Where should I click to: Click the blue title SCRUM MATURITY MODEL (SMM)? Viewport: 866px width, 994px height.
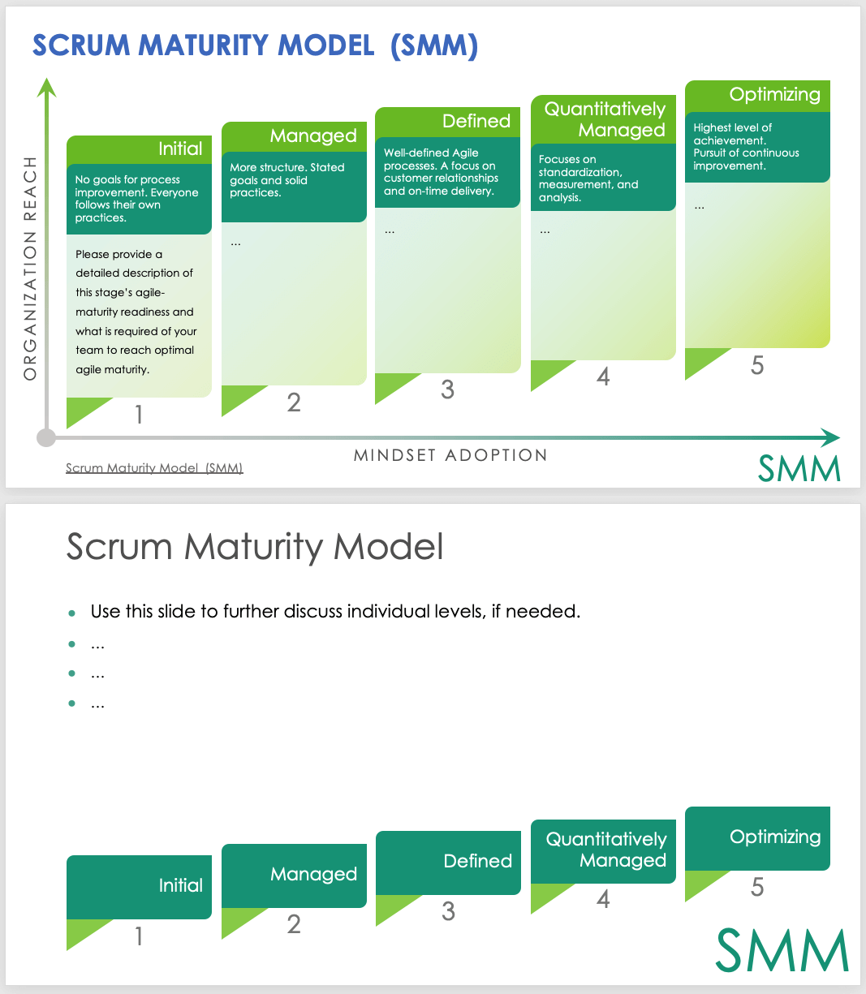(255, 45)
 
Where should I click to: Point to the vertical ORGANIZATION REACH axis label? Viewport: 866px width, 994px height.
(31, 269)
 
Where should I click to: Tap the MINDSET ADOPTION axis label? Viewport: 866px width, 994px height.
(450, 455)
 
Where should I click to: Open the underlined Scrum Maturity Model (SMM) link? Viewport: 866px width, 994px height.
(154, 468)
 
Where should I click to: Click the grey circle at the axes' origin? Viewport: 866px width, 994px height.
(46, 438)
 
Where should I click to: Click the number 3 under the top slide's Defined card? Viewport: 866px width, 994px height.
(447, 389)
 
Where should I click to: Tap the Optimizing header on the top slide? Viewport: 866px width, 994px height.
(774, 95)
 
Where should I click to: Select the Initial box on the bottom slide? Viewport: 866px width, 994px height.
(139, 886)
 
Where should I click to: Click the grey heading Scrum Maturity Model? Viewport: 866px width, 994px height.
(255, 547)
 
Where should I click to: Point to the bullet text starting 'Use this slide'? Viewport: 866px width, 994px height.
(335, 611)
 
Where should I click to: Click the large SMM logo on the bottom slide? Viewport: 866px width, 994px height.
(782, 949)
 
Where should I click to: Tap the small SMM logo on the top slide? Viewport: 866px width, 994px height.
(799, 469)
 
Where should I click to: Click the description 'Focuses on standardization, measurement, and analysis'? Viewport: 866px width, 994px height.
(588, 179)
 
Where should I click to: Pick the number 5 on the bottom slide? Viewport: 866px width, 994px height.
(757, 887)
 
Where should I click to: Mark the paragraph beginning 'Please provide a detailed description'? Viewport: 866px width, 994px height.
(136, 312)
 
